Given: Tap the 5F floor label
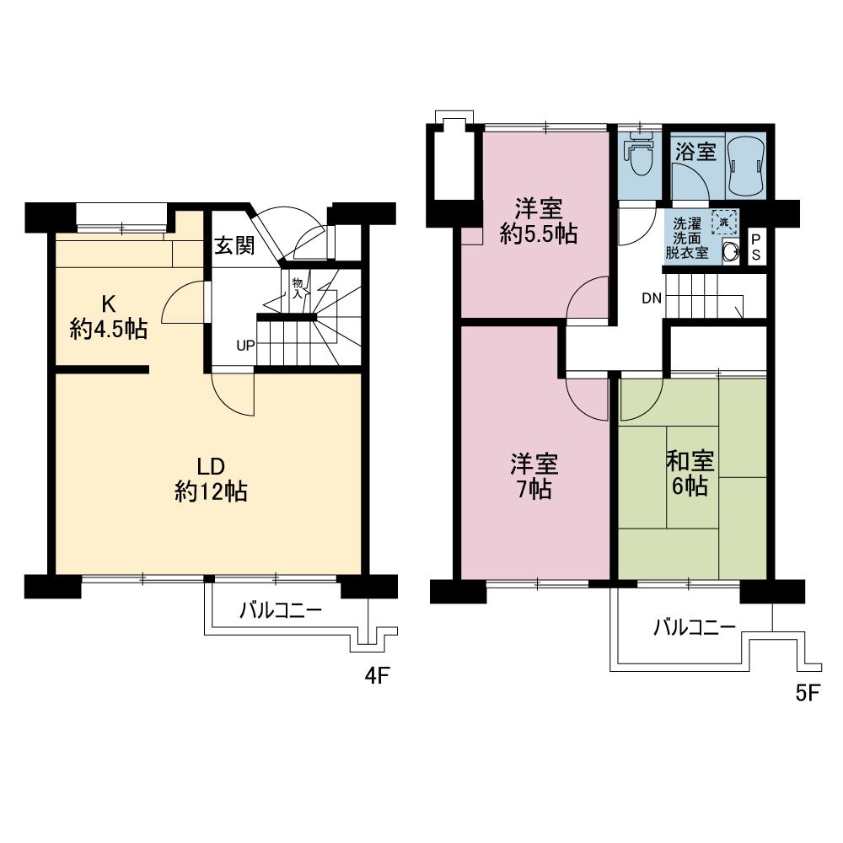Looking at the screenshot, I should click(807, 694).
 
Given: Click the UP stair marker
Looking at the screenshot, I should click(245, 346).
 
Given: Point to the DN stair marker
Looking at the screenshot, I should click(652, 298).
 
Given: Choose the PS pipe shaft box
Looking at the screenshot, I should click(755, 247).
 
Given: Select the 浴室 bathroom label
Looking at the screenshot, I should click(695, 153).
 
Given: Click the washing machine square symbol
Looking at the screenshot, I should click(723, 222).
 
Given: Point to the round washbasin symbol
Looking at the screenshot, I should click(732, 250).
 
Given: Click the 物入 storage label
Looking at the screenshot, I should click(297, 288).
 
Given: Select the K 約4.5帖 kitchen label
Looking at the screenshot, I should click(109, 317).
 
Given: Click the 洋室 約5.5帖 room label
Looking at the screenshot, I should click(539, 221).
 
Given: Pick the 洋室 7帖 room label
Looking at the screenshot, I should click(534, 476).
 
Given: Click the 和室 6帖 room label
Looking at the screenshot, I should click(690, 473).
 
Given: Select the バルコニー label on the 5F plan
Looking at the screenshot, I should click(695, 628).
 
